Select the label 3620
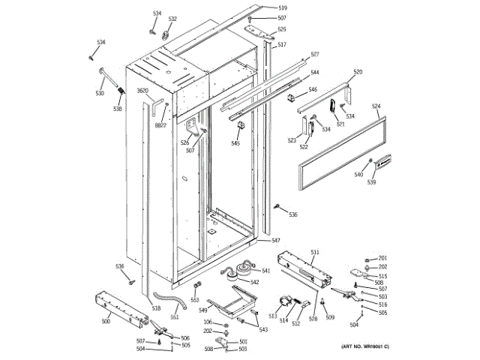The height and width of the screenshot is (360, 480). click(x=142, y=91)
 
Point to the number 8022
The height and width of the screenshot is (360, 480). click(x=160, y=126)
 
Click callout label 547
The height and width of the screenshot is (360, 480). click(x=276, y=240)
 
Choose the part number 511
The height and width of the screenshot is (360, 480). click(x=315, y=252)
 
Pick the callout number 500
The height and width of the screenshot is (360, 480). click(x=106, y=321)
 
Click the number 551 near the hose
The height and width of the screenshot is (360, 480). click(x=175, y=316)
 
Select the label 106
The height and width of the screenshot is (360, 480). click(x=208, y=322)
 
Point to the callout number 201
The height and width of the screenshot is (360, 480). click(x=382, y=258)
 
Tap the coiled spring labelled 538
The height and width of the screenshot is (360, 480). click(x=119, y=92)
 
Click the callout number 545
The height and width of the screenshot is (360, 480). click(x=235, y=143)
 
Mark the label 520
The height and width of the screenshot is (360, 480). click(x=358, y=72)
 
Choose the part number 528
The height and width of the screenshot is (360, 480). click(x=313, y=319)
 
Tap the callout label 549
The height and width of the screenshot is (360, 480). click(x=203, y=310)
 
